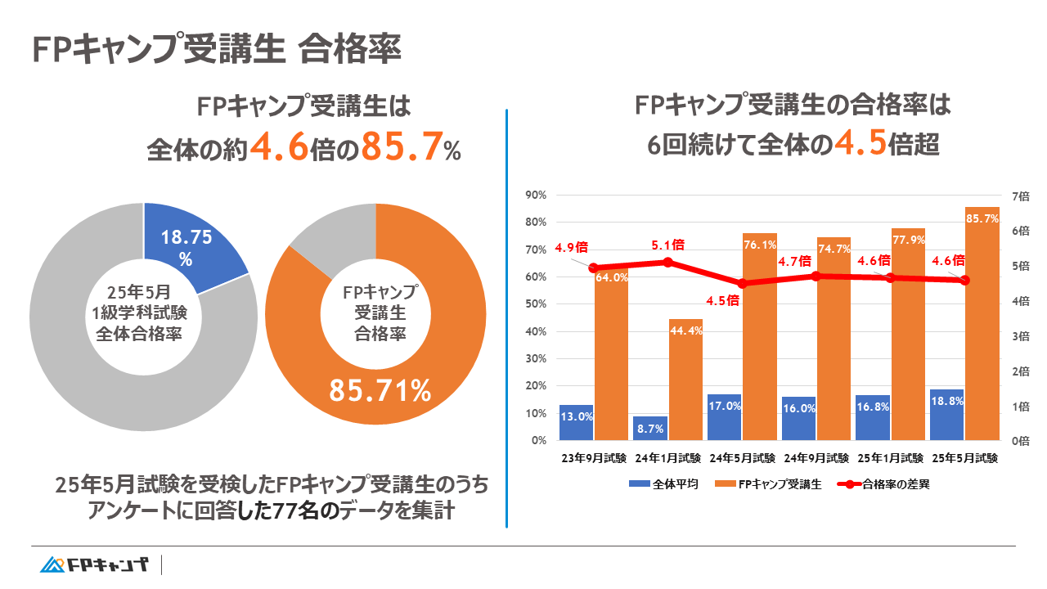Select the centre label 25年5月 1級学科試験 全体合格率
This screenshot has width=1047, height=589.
pos(144,315)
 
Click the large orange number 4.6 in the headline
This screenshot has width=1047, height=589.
pos(279,148)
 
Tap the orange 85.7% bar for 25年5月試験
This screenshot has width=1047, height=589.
pos(982,327)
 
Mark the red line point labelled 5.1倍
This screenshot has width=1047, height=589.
pos(667,262)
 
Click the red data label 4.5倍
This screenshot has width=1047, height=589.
pos(723,300)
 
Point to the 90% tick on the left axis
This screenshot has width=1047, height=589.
pos(536,195)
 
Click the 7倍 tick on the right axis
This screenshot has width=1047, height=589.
pos(1022,196)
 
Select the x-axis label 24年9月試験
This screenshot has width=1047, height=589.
pos(816,458)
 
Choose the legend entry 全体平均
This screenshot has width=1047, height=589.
pos(663,483)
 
